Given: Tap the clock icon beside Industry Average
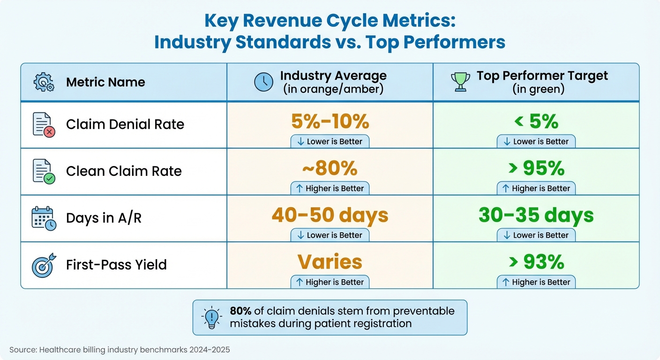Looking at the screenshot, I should (x=263, y=82).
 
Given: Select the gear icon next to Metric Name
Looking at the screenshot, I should (x=44, y=82).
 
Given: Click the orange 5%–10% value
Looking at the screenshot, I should (x=330, y=122).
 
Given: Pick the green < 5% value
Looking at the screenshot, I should (x=536, y=122).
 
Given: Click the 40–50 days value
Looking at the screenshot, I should (x=330, y=216).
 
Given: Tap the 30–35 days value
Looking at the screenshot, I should (x=536, y=216).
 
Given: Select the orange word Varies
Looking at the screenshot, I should (x=330, y=262).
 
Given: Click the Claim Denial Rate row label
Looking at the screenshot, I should (x=125, y=124).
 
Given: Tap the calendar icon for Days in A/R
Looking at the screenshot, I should (x=44, y=218).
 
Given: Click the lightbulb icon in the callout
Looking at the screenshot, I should (x=211, y=317).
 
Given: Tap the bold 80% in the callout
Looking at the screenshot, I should (x=240, y=311).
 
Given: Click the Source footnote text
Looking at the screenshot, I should (x=120, y=350).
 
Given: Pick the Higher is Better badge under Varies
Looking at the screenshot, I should (x=330, y=282).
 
